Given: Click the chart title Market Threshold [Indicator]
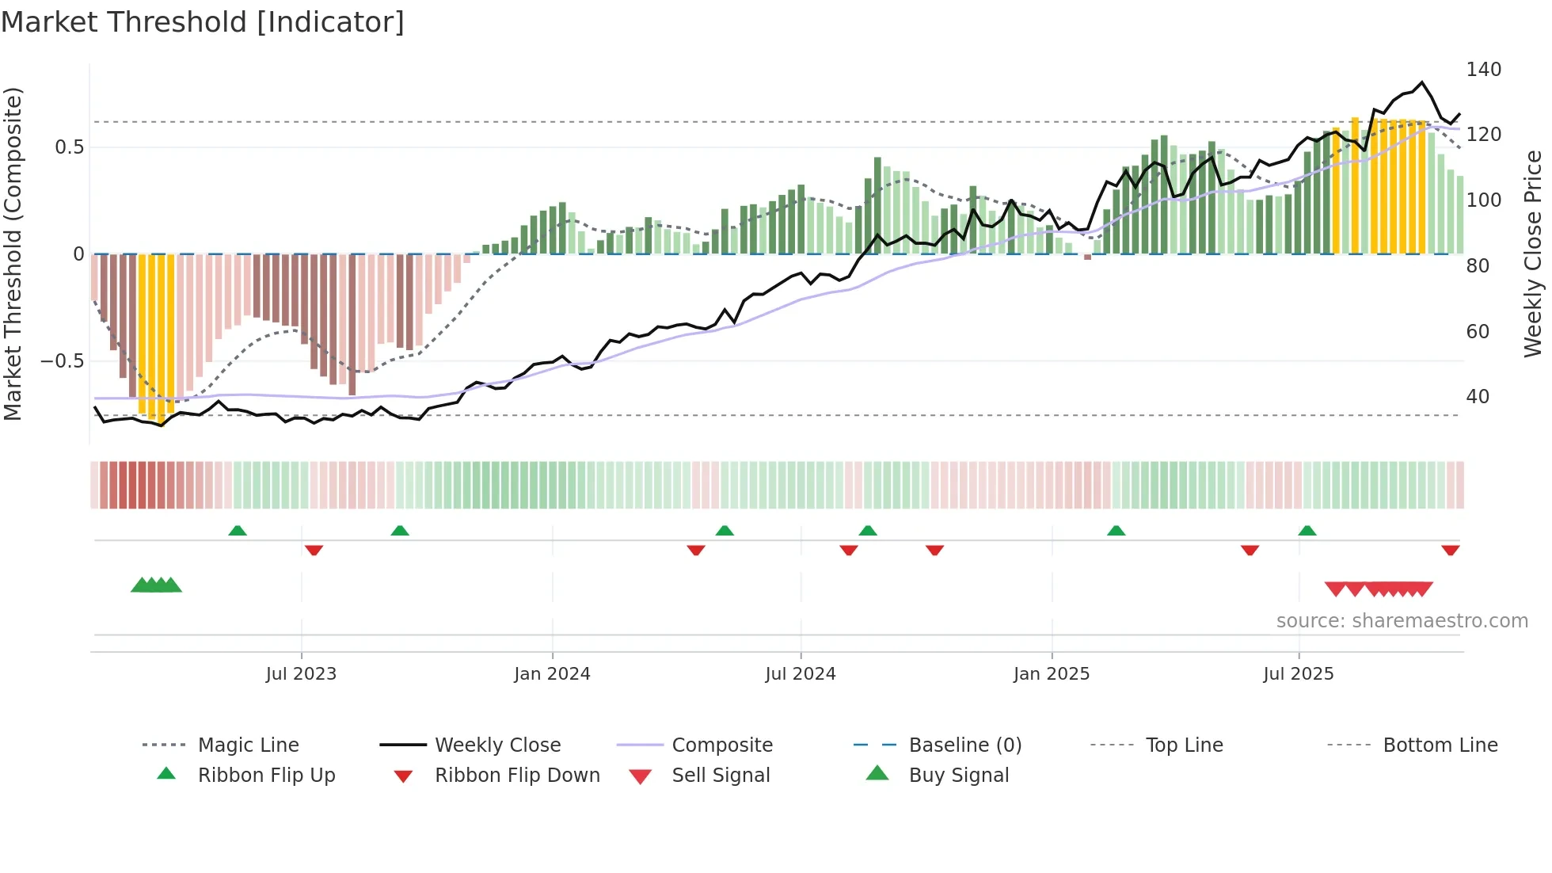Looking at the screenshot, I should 203,22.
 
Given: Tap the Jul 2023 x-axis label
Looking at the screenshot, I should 301,674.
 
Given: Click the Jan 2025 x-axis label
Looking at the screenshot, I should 1052,674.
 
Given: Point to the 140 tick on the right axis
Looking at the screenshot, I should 1483,70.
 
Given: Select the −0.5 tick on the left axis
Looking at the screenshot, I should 63,361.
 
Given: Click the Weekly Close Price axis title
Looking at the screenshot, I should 1533,254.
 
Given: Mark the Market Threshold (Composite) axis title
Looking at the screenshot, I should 13,254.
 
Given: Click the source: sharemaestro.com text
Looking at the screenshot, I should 1402,621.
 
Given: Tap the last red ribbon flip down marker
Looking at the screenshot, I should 1451,550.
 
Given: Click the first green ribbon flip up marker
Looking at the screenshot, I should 238,531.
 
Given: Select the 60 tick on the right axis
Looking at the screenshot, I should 1478,332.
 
